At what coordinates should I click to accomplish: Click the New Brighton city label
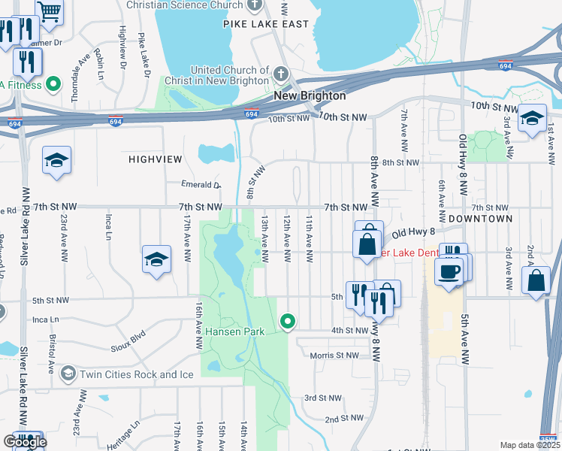click(310, 96)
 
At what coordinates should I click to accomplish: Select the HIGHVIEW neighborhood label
click(156, 159)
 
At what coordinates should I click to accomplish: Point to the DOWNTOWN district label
click(481, 219)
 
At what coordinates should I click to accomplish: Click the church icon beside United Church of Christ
click(281, 74)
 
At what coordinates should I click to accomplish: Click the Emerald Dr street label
click(201, 185)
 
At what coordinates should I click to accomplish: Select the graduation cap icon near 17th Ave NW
click(156, 260)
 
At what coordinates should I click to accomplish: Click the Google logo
click(25, 442)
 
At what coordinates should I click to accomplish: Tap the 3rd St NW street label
click(322, 398)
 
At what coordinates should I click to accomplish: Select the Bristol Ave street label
click(52, 354)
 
